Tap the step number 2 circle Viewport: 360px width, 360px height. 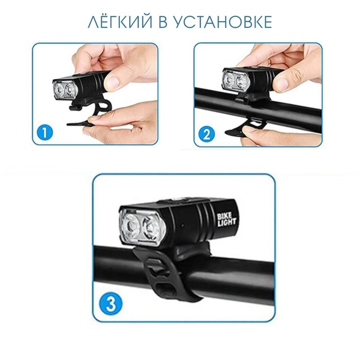coord(206,135)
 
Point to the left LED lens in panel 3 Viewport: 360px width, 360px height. coord(130,226)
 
